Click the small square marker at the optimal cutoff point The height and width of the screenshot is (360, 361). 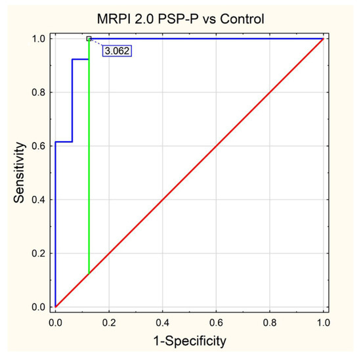tap(89, 39)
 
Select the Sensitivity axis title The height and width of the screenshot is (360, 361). tap(22, 173)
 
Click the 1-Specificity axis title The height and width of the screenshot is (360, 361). tap(189, 341)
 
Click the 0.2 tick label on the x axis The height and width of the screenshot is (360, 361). tap(109, 323)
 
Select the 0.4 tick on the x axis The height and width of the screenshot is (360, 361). tap(163, 323)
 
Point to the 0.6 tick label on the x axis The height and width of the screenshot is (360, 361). tap(216, 323)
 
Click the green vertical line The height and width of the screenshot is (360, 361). tap(89, 164)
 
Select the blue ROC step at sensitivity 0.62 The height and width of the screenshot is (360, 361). tap(64, 142)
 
